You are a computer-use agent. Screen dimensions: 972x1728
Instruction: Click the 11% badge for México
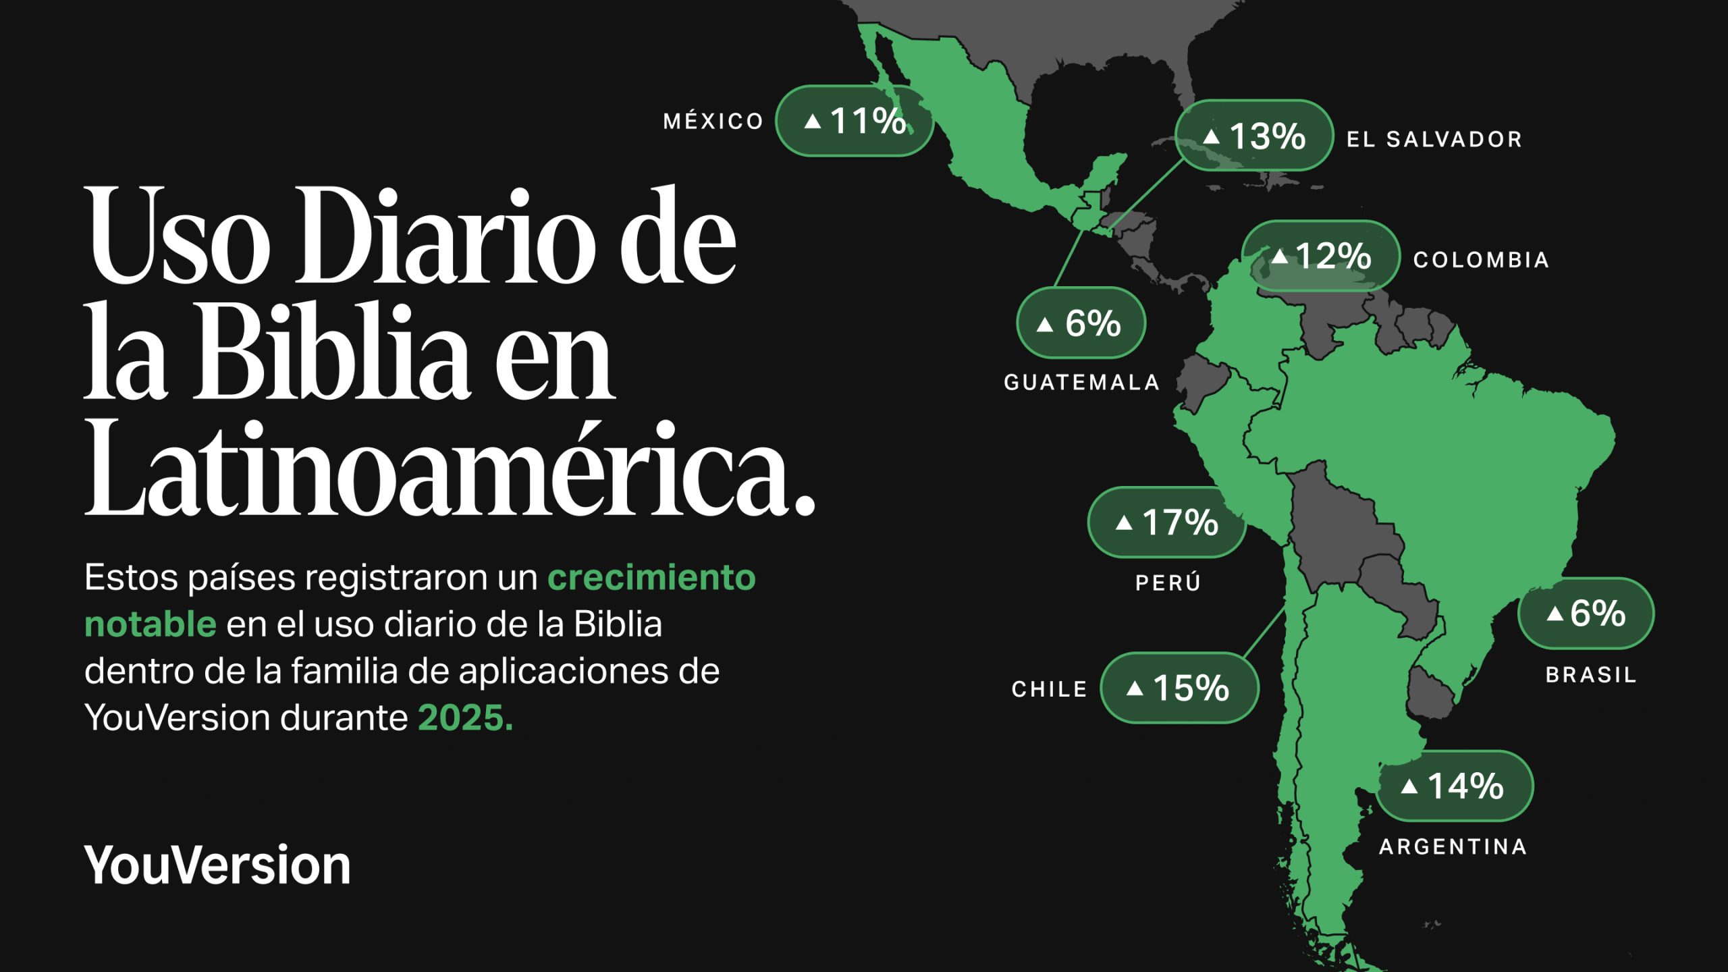pos(855,122)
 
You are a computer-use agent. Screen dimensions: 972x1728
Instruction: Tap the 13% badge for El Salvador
pos(1253,136)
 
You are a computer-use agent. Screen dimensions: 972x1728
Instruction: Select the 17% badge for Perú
pos(1166,522)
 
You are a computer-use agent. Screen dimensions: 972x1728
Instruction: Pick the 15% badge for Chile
pos(1179,688)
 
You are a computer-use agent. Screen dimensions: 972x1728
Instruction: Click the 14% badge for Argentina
pos(1455,786)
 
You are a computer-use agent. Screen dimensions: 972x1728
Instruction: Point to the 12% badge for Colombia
pos(1321,256)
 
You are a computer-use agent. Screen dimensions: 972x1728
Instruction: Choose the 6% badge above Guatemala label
pos(1081,323)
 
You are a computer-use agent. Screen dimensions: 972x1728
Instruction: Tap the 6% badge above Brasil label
pos(1586,614)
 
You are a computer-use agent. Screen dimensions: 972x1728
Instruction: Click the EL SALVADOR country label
pos(1434,140)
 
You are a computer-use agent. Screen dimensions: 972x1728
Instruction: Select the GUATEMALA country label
pos(1081,383)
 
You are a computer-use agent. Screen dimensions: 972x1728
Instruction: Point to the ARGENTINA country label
pos(1453,846)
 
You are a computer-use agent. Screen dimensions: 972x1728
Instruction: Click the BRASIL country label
pos(1590,674)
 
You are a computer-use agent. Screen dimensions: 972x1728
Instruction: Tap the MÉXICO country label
pos(713,122)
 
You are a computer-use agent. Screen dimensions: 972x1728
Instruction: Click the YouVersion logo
pos(217,865)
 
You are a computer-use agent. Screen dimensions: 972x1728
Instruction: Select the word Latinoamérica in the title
pos(449,468)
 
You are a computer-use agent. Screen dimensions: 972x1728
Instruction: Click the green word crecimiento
pos(651,578)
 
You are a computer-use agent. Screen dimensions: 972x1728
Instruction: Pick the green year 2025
pos(465,718)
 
